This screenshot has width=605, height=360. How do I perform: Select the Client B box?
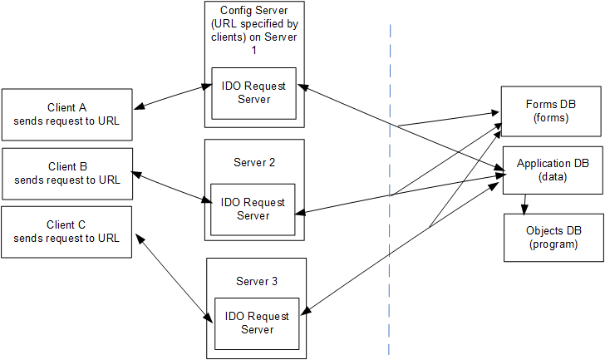click(x=66, y=173)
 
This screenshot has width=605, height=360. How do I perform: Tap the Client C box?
click(x=66, y=232)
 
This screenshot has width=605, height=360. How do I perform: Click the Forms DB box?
click(x=548, y=111)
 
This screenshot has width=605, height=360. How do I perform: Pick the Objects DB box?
click(x=553, y=238)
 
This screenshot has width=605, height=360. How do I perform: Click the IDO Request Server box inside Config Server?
click(x=253, y=93)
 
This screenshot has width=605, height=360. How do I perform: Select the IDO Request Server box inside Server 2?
click(x=253, y=209)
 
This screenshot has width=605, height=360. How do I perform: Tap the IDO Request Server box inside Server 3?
click(x=257, y=323)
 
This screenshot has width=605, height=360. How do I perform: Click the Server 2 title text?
click(x=254, y=162)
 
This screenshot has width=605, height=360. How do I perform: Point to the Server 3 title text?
click(x=257, y=281)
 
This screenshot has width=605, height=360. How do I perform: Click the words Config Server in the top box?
click(x=254, y=11)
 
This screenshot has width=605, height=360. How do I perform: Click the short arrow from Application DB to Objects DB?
click(x=524, y=204)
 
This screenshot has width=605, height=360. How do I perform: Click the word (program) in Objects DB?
click(x=553, y=244)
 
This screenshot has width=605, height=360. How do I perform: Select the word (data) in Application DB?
click(x=553, y=177)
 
